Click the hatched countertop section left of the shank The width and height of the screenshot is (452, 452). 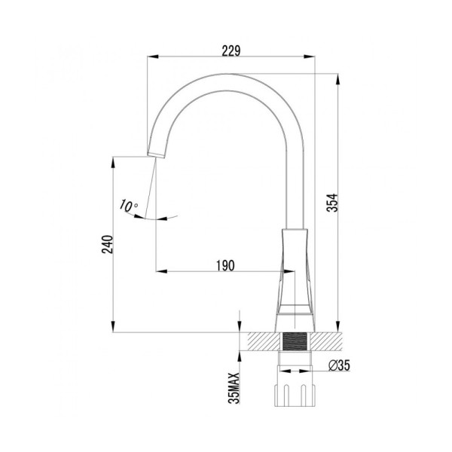pyautogui.click(x=261, y=341)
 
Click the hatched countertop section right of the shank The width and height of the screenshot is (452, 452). pyautogui.click(x=327, y=341)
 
